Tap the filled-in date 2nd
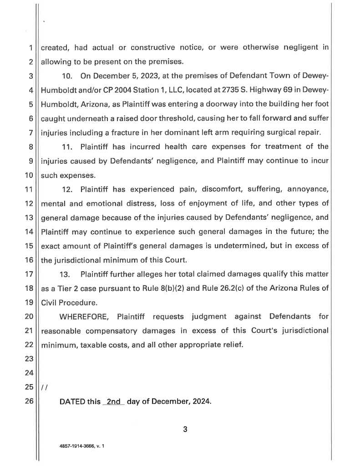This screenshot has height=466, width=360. pos(113,402)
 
